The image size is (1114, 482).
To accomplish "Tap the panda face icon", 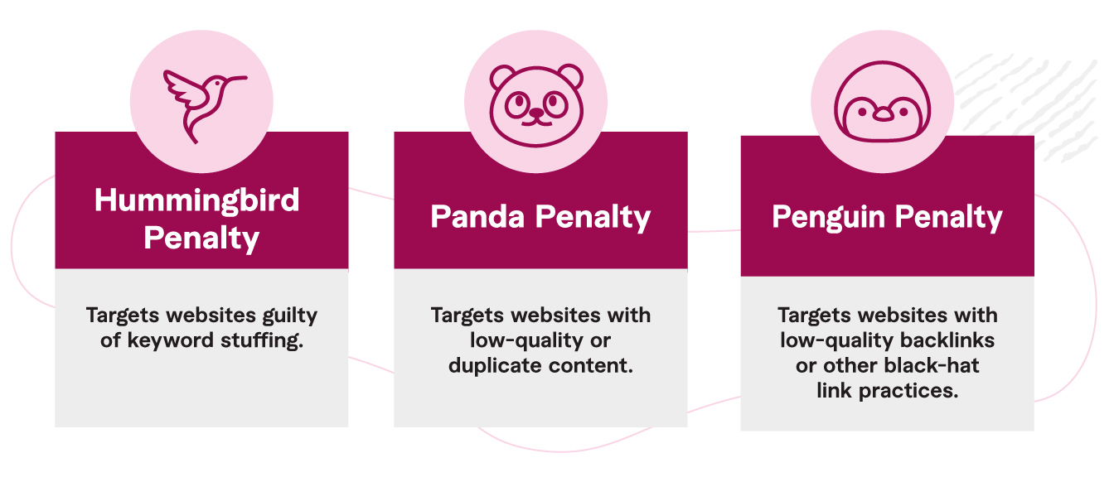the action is tap(536, 105).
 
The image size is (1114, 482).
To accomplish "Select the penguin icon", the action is tap(882, 102).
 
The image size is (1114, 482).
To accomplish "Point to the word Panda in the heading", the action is tap(477, 217).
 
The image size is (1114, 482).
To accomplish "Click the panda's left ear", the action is tap(501, 77).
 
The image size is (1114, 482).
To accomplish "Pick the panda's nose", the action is tap(536, 113).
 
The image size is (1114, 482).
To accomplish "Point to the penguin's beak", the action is tap(884, 115).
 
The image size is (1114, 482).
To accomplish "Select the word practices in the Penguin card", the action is tap(908, 392).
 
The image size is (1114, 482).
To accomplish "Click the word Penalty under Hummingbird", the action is tap(201, 239).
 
